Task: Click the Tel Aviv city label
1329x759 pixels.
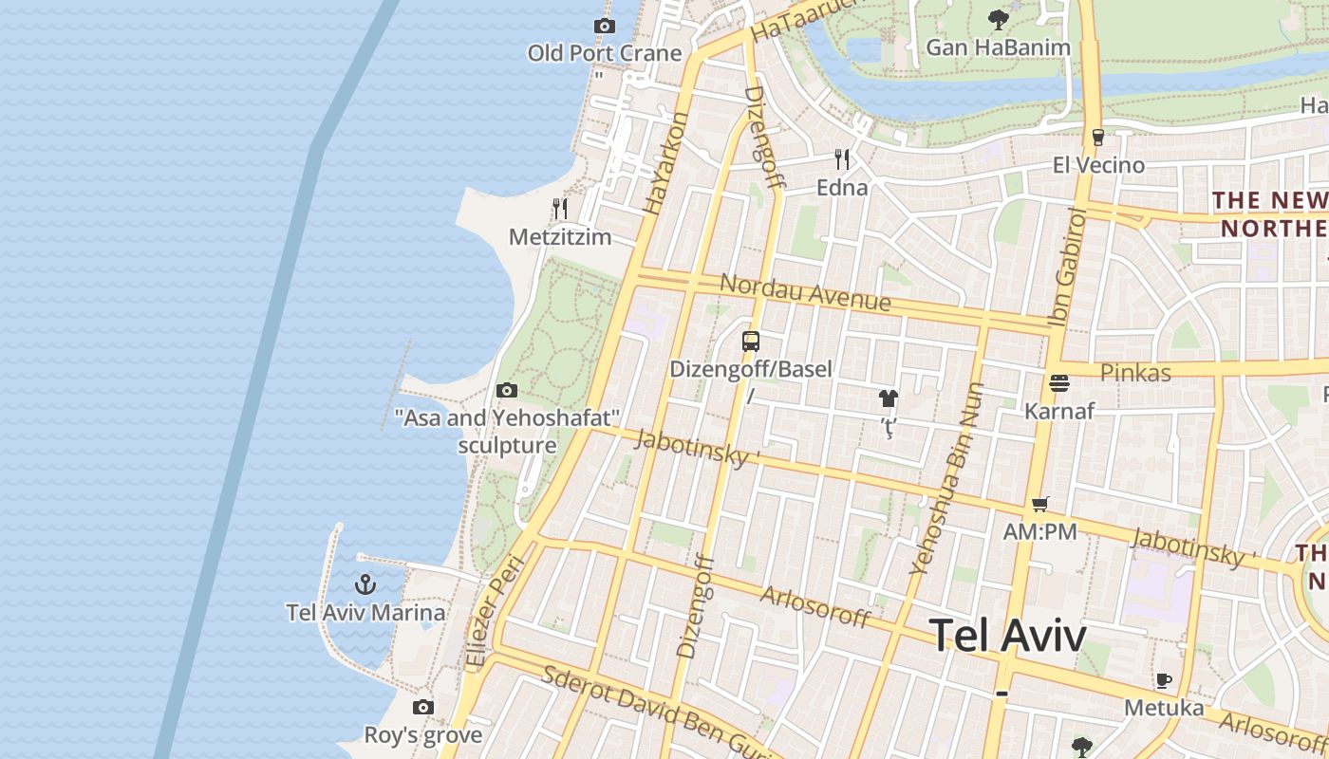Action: (x=1008, y=636)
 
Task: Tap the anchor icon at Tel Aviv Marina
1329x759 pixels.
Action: (x=365, y=584)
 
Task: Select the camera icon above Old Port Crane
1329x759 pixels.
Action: (x=604, y=26)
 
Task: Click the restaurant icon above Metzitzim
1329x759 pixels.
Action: (x=560, y=209)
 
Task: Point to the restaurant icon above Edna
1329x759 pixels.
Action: (x=842, y=158)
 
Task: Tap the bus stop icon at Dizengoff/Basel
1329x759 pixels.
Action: (x=751, y=342)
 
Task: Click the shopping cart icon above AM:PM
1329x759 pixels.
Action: (x=1040, y=505)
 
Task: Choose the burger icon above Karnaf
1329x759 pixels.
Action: (x=1059, y=383)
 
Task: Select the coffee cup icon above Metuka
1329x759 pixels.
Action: (x=1164, y=680)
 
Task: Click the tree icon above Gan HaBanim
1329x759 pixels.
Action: (x=998, y=19)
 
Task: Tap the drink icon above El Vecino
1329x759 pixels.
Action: (x=1097, y=138)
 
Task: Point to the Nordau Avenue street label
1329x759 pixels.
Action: (x=805, y=292)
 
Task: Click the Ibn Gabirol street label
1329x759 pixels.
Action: (x=1068, y=268)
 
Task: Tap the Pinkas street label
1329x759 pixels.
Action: (x=1135, y=373)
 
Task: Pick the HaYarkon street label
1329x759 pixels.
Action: (x=665, y=163)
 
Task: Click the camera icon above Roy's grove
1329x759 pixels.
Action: (x=423, y=707)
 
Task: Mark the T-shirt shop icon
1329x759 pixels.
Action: (x=889, y=398)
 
